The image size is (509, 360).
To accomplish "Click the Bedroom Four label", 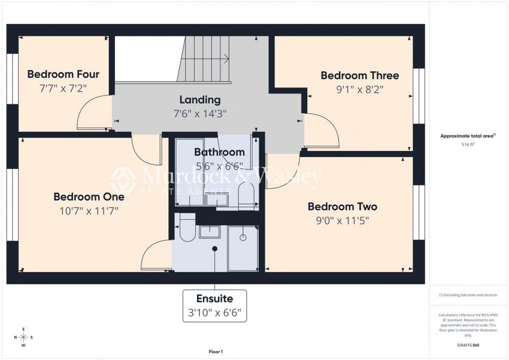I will [63, 75].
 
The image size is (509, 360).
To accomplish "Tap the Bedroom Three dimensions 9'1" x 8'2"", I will [352, 89].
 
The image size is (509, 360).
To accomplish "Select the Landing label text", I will [200, 100].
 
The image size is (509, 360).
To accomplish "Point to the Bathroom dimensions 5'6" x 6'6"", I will [219, 165].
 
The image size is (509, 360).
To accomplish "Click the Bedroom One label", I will [89, 196].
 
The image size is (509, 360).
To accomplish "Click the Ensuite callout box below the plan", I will [214, 305].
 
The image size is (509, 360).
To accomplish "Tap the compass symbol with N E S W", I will [23, 337].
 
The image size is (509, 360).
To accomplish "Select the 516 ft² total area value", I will [468, 145].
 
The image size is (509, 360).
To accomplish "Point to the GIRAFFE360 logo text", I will [468, 346].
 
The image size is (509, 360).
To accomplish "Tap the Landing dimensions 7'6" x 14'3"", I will [200, 113].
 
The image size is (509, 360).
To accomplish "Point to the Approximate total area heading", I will [468, 137].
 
